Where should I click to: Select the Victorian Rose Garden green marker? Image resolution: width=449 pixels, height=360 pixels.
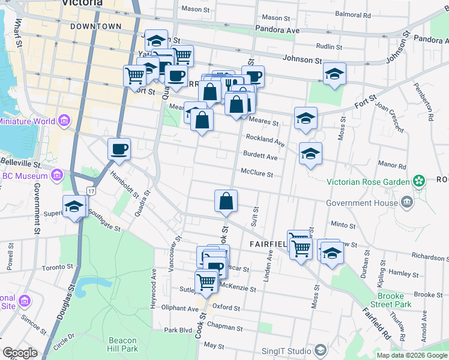pyautogui.click(x=419, y=181)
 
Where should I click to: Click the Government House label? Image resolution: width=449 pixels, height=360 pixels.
pyautogui.click(x=361, y=203)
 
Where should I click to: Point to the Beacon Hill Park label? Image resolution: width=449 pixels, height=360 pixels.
pyautogui.click(x=124, y=344)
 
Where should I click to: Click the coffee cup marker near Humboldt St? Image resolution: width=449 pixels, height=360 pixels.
pyautogui.click(x=119, y=148)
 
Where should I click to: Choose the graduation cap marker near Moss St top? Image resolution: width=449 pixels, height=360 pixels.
pyautogui.click(x=334, y=74)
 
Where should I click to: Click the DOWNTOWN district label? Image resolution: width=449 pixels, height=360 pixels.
pyautogui.click(x=95, y=26)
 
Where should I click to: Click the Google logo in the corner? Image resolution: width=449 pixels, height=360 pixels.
pyautogui.click(x=20, y=353)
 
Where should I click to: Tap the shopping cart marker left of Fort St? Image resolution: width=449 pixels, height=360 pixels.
pyautogui.click(x=134, y=76)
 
